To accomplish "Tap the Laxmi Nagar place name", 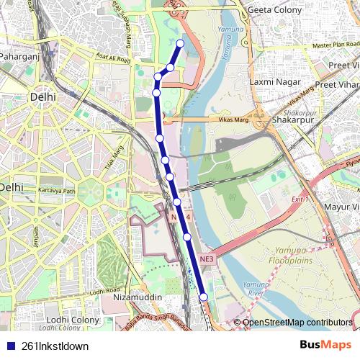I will coord(273,82).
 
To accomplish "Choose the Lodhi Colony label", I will coord(73,320).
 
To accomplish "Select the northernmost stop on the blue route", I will coord(180,43).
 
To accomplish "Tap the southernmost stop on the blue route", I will coord(203,297).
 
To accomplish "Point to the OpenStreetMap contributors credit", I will coord(297,323).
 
